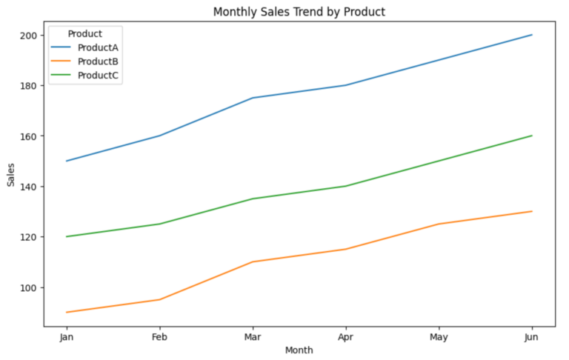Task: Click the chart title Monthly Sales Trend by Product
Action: [x=299, y=12]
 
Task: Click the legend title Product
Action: [x=84, y=33]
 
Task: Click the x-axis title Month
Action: [x=299, y=350]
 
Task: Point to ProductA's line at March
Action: [x=253, y=98]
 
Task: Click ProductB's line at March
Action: [x=253, y=262]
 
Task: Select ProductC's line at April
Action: [x=345, y=186]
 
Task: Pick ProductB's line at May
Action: [x=439, y=224]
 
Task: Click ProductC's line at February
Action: [x=159, y=224]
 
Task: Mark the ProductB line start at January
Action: [x=66, y=313]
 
